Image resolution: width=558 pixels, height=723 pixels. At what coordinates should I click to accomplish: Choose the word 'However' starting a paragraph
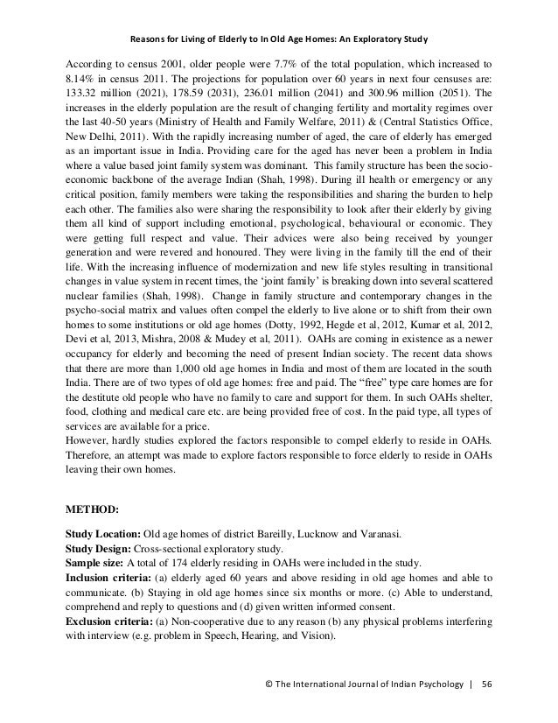87,437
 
